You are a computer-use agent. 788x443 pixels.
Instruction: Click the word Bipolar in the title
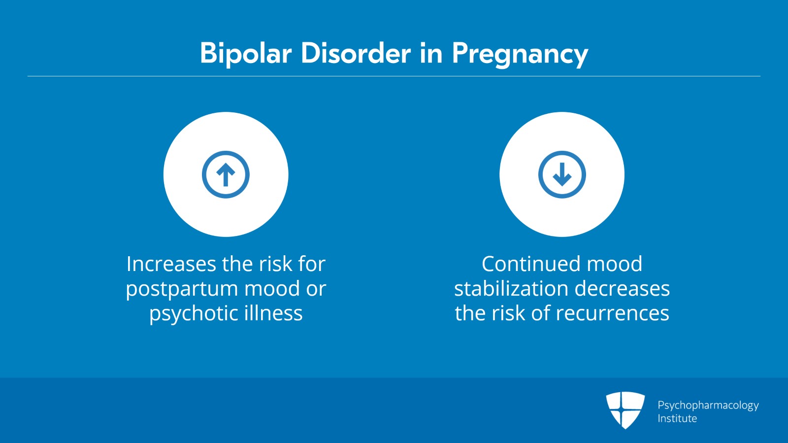pyautogui.click(x=246, y=54)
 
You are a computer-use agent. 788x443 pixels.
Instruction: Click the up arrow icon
pyautogui.click(x=226, y=174)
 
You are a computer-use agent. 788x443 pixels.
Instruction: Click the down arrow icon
pyautogui.click(x=562, y=174)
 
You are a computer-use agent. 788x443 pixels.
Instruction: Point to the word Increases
pyautogui.click(x=171, y=264)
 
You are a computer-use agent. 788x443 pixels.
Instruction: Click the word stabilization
pyautogui.click(x=511, y=288)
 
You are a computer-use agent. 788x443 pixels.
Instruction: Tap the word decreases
pyautogui.click(x=622, y=288)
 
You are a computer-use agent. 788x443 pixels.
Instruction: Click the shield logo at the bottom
pyautogui.click(x=625, y=410)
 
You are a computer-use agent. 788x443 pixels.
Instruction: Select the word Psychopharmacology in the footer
pyautogui.click(x=708, y=406)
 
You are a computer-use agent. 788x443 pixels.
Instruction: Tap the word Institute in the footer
pyautogui.click(x=677, y=418)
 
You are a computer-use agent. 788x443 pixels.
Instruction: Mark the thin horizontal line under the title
pyautogui.click(x=394, y=76)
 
